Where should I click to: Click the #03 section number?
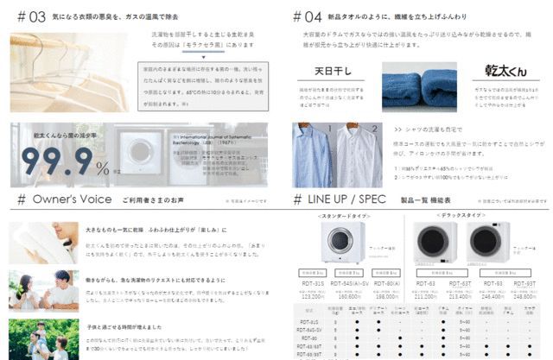[32, 16]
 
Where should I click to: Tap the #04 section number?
[308, 16]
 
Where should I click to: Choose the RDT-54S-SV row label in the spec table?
[309, 329]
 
